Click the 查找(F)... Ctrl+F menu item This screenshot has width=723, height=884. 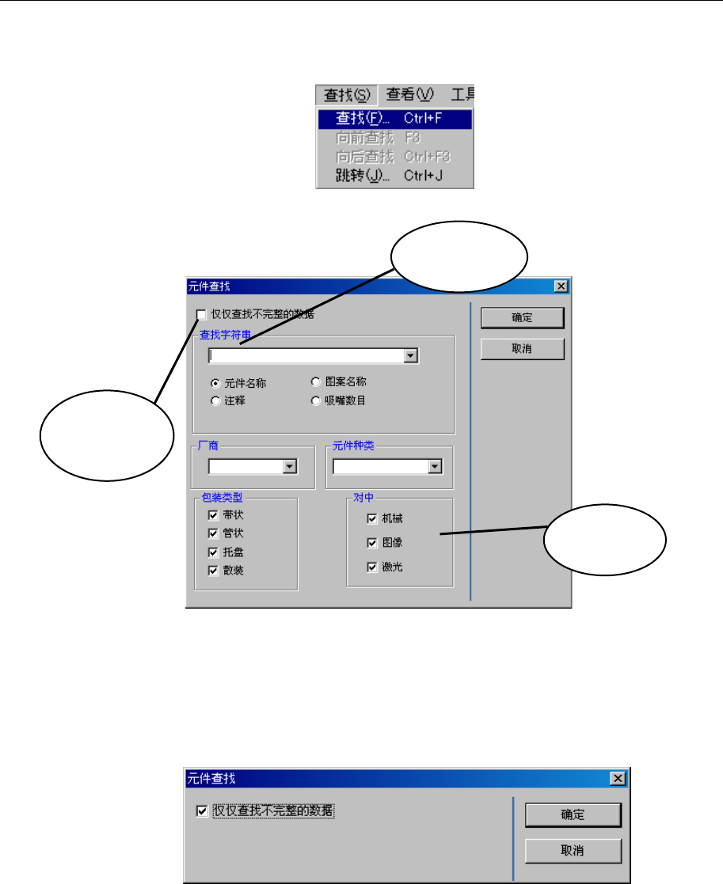point(394,119)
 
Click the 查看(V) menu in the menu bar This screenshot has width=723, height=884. point(410,95)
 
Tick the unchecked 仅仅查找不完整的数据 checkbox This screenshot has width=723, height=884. point(201,315)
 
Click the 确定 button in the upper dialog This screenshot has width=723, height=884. point(522,317)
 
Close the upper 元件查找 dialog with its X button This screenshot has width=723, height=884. point(561,286)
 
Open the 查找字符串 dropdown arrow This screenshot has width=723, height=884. point(410,356)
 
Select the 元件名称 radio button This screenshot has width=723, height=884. point(215,383)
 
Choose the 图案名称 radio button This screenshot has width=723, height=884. point(316,381)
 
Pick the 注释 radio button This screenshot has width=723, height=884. point(215,401)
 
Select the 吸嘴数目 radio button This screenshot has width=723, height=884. point(316,400)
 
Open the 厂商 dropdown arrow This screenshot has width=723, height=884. point(290,467)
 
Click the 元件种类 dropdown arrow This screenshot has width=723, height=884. point(434,467)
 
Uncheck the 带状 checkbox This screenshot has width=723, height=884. point(212,514)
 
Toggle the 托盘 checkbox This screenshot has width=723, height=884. point(212,552)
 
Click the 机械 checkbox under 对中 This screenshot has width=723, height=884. point(372,519)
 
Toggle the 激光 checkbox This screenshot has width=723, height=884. point(372,567)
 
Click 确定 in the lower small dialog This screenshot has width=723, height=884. point(573,815)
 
